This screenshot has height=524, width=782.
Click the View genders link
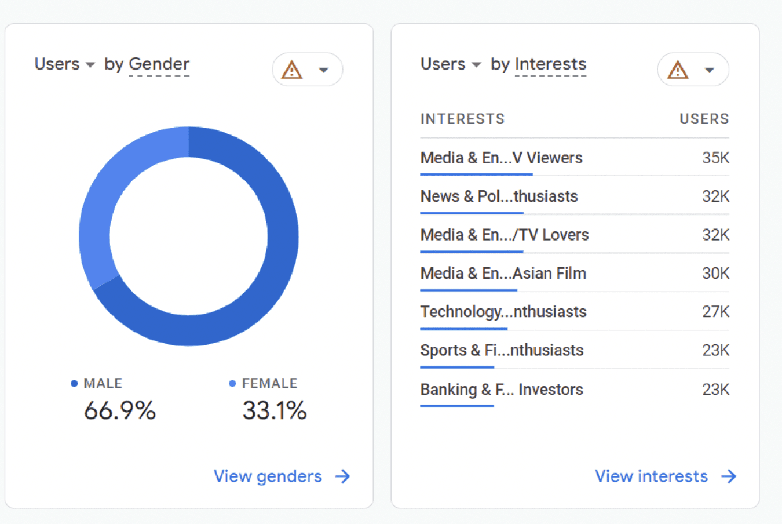coord(282,476)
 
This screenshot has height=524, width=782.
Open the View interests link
coord(666,476)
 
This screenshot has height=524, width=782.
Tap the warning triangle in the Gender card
coord(292,70)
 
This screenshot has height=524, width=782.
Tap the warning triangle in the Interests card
coord(678,70)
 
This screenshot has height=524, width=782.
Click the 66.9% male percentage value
coord(120,410)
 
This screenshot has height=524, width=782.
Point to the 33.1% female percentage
coord(275,410)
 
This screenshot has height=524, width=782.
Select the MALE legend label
coord(103,383)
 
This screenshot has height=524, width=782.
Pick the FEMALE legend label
coord(270,383)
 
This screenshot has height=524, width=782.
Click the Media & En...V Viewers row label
coord(501,158)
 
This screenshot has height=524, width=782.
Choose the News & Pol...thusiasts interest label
coord(499,196)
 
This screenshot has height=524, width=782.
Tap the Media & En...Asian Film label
coord(503,273)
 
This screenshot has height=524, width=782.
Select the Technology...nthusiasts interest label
coord(503,312)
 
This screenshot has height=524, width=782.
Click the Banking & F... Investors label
coord(502,390)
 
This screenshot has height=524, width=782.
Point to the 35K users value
coord(715,158)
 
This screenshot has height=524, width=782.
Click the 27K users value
coord(715,312)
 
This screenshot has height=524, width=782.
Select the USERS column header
coord(704,119)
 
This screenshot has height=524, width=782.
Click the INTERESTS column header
coord(463,119)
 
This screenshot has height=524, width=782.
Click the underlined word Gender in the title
coord(159,64)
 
